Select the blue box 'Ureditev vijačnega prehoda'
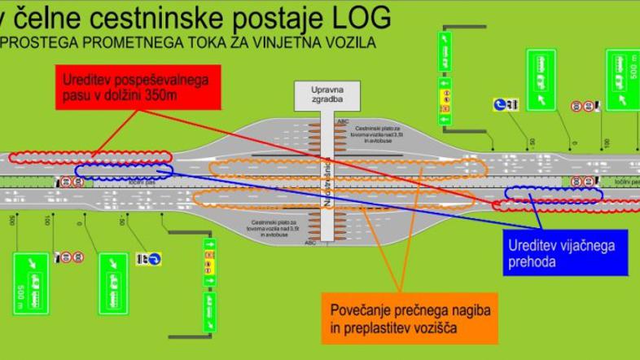[561, 253]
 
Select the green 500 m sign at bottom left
[29, 283]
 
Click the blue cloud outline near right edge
[554, 194]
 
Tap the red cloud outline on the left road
[90, 156]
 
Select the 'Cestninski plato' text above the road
[377, 134]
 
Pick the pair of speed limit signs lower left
[72, 257]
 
